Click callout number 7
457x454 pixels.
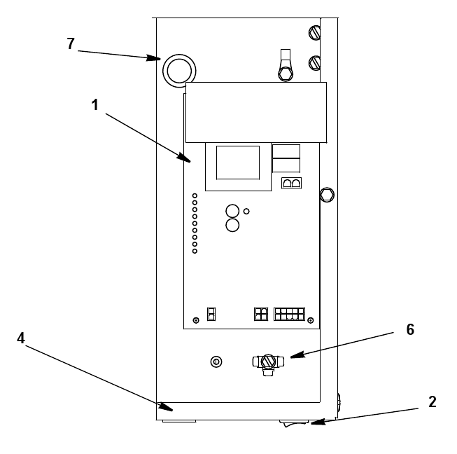[71, 43]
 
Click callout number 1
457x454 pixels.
[94, 105]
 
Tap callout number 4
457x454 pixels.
[21, 338]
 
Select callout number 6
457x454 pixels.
[410, 330]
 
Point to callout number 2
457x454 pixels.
[433, 401]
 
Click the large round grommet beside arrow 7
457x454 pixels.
[179, 71]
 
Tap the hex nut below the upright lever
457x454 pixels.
[286, 74]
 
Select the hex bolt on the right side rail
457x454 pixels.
[327, 195]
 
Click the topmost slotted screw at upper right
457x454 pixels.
[315, 32]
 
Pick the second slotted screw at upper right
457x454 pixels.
[315, 63]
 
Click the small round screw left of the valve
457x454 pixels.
[216, 362]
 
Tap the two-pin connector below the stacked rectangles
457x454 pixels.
[291, 183]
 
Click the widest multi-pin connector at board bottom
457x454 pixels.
[289, 314]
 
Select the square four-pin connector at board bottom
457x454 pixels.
[261, 314]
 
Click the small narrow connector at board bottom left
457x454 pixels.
[211, 314]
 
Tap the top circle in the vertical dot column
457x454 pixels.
[195, 195]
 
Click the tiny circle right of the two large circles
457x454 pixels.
[246, 212]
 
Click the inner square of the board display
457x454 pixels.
[238, 163]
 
